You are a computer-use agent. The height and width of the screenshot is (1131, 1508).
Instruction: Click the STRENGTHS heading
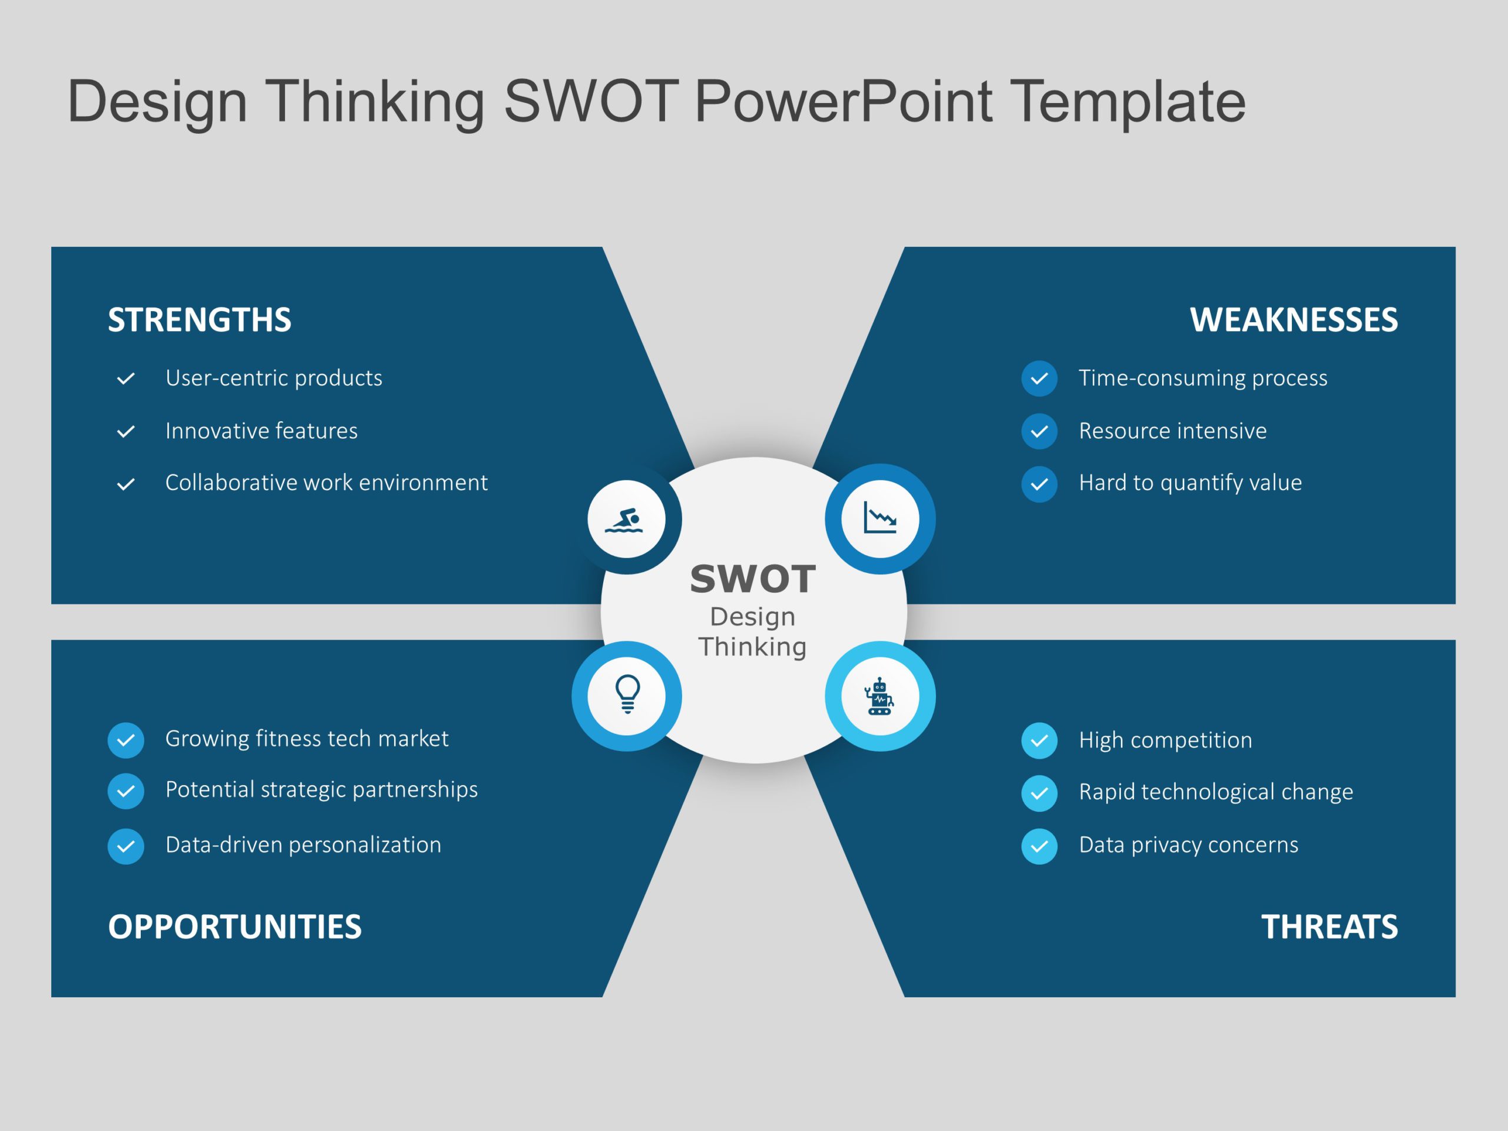click(x=199, y=320)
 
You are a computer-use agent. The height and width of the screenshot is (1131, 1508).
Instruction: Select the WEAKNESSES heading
click(x=1293, y=320)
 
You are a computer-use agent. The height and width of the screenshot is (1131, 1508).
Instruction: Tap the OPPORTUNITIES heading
click(x=234, y=927)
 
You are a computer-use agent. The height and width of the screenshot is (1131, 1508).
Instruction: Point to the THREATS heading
click(x=1329, y=927)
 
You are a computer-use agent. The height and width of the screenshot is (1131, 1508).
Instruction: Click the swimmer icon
click(x=626, y=519)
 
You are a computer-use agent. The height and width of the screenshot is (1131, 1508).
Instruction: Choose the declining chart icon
click(x=879, y=519)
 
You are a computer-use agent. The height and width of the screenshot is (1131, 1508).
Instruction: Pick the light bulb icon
click(x=627, y=695)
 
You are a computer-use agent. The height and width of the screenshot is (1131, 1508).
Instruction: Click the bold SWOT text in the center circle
click(x=753, y=579)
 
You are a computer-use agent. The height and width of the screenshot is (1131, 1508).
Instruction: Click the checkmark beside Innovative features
click(x=125, y=432)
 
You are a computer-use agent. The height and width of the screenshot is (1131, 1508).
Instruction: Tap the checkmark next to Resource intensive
click(x=1039, y=432)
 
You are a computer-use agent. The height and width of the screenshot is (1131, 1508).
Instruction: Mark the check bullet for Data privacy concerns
click(x=1039, y=846)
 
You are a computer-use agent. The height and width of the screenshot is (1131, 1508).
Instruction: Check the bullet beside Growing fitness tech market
click(x=125, y=740)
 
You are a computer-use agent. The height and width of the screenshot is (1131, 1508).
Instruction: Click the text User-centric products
click(x=273, y=378)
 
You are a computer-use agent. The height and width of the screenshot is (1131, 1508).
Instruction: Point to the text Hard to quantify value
click(x=1190, y=482)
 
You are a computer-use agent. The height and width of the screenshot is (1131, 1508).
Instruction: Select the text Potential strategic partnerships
click(x=321, y=789)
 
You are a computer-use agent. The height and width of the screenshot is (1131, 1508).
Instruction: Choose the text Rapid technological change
click(x=1216, y=792)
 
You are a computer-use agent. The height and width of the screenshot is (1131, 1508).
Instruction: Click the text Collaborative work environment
click(x=326, y=482)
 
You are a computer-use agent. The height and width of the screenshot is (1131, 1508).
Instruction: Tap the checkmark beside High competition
click(x=1039, y=740)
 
